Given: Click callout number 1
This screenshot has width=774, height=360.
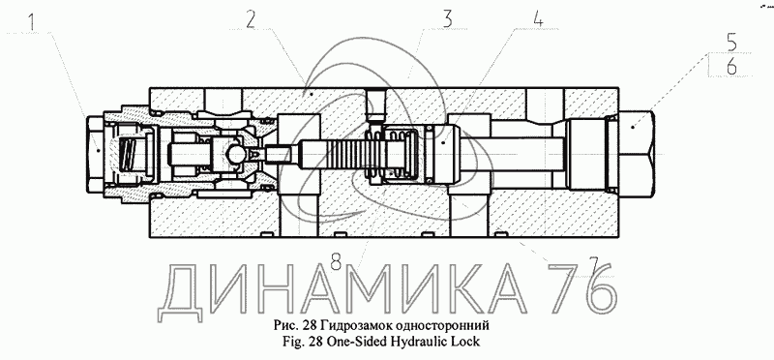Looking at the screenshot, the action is coord(32,22).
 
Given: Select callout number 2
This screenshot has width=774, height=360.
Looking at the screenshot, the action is coord(251,19).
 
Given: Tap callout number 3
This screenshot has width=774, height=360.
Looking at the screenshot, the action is coord(447,18).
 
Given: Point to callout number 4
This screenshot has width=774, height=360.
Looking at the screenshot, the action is coord(538,18).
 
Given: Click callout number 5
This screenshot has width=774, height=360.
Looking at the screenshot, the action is coord(731,43).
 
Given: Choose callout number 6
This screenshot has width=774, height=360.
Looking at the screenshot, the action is coord(731,66).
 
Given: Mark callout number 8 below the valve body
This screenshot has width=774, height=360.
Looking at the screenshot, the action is coord(336,261).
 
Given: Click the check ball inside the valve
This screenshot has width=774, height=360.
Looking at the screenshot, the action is coord(233,155).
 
